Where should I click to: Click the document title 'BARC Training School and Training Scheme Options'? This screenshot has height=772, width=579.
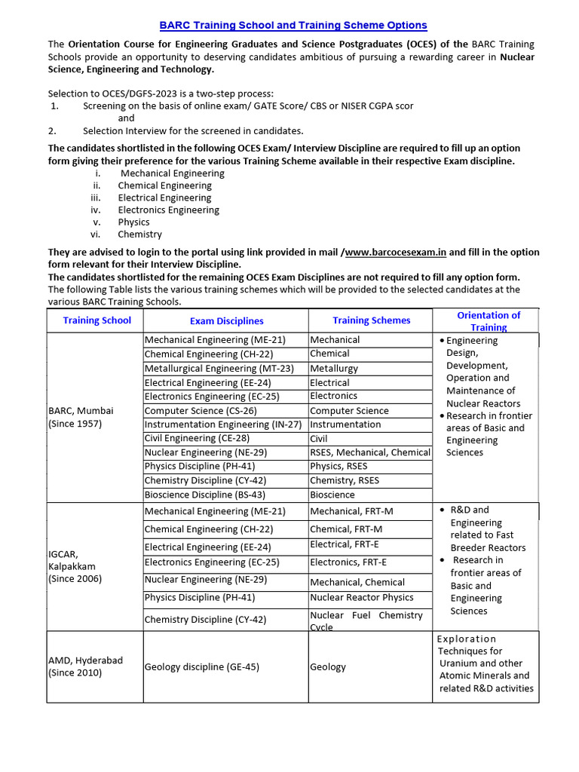tap(294, 25)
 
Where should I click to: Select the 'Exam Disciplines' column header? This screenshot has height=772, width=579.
tap(226, 321)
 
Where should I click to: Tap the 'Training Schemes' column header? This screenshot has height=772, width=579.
tap(371, 320)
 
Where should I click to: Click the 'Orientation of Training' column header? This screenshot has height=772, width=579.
tap(489, 321)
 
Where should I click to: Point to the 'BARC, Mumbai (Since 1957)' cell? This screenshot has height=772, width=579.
tap(81, 417)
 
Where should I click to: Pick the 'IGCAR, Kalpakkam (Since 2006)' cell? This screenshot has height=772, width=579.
tap(75, 566)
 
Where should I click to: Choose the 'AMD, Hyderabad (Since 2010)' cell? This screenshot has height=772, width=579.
tap(85, 666)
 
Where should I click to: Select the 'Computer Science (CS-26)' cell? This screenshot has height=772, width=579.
tap(201, 411)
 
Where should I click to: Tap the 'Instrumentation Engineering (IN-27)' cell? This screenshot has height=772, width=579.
tap(222, 424)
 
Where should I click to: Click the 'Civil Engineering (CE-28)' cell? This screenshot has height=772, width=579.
tap(197, 438)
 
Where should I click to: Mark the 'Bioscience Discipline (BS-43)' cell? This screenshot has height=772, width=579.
tap(204, 495)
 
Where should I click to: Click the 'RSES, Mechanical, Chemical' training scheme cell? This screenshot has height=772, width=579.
tap(370, 452)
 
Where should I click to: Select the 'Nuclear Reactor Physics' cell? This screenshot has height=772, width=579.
tap(362, 597)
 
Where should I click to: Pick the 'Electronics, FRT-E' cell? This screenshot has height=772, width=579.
tap(348, 562)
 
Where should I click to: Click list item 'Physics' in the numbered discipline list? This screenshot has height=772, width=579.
tap(133, 222)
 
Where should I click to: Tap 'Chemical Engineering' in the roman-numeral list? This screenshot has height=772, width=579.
tap(164, 185)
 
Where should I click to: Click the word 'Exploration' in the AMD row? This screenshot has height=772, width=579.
tap(467, 639)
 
